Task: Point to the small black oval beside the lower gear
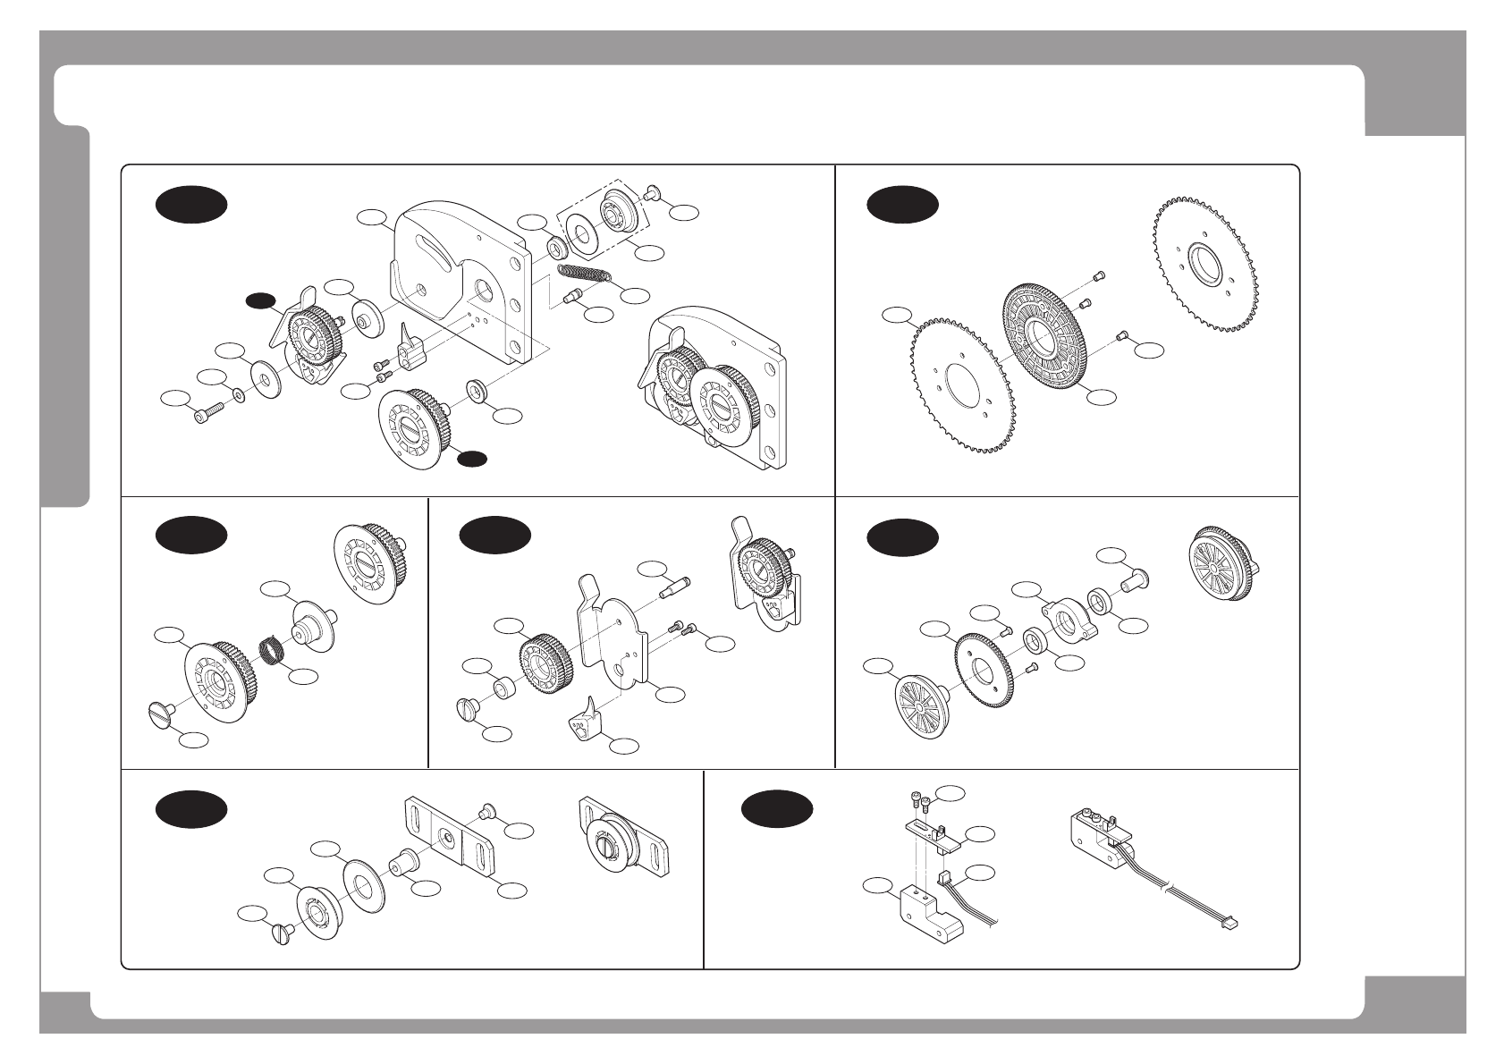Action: (471, 459)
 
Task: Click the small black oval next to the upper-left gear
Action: (261, 300)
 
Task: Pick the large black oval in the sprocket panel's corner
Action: (902, 205)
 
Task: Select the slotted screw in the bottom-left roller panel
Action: (283, 933)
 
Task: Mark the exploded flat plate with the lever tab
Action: (613, 635)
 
